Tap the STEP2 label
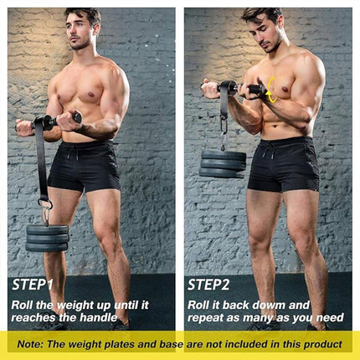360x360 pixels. point(207,284)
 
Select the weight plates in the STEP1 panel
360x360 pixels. point(47,237)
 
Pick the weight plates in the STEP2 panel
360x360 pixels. point(223,163)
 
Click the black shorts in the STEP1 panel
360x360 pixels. point(85,164)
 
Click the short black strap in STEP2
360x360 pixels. point(224,105)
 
